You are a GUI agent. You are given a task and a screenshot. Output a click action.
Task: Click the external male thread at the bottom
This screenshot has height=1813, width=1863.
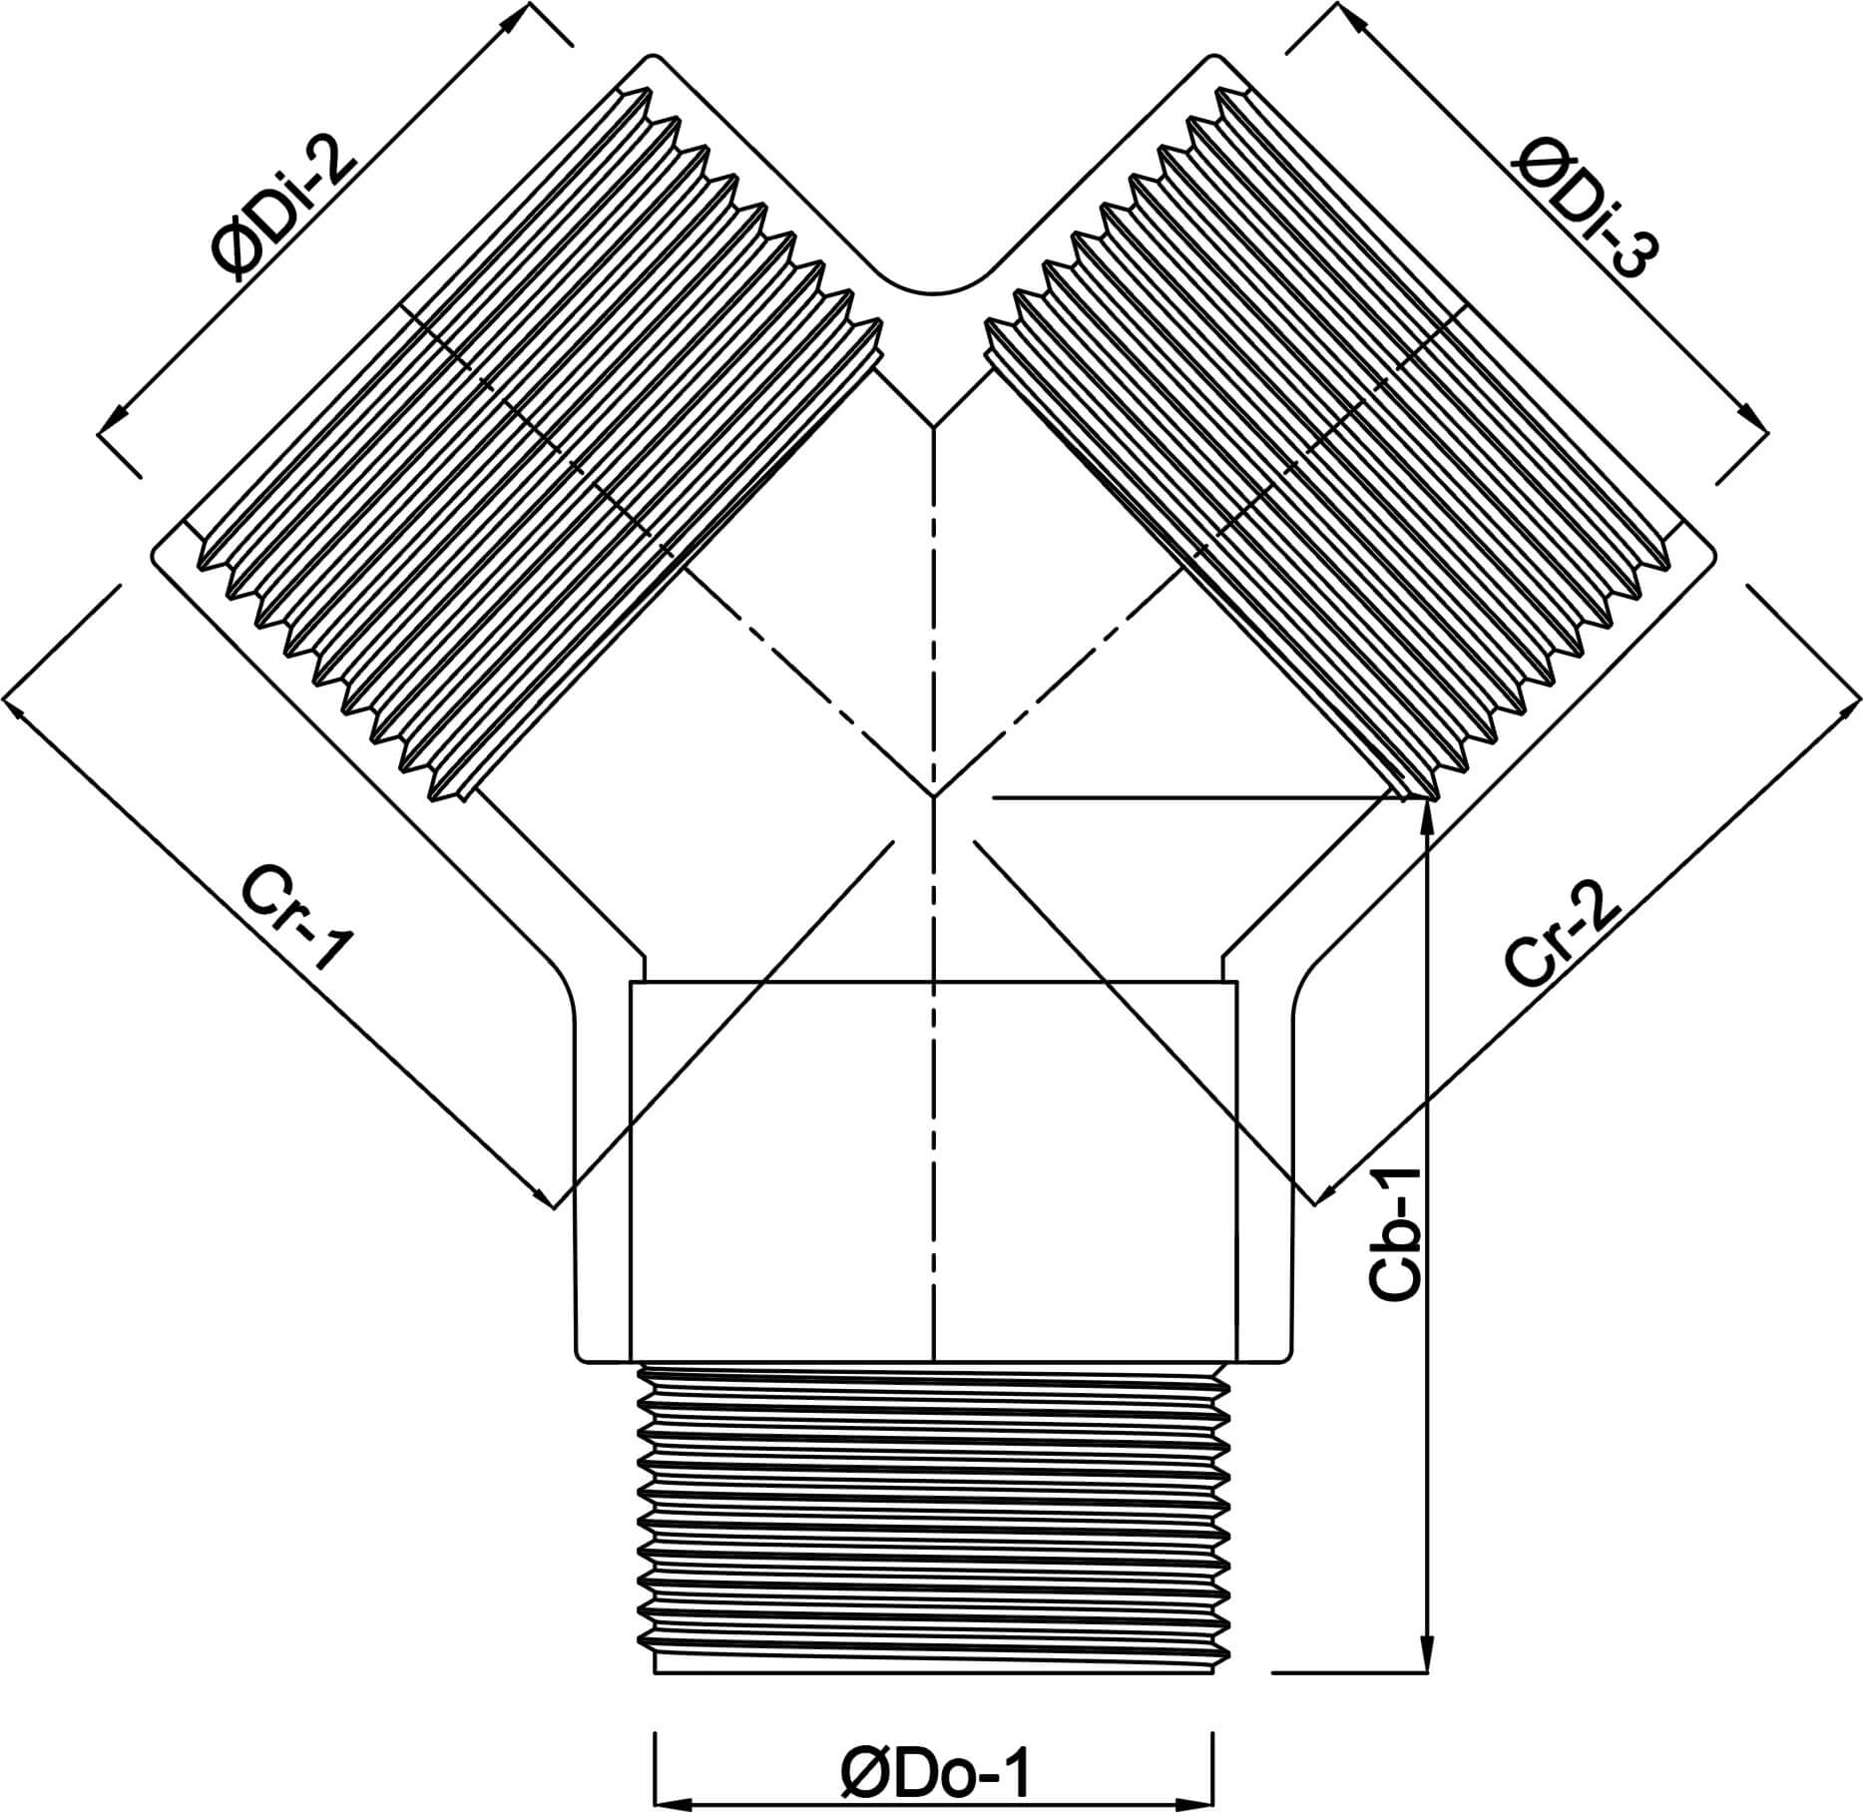pos(933,1517)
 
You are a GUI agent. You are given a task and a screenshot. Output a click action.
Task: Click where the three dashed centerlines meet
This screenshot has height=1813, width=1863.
pos(933,796)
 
